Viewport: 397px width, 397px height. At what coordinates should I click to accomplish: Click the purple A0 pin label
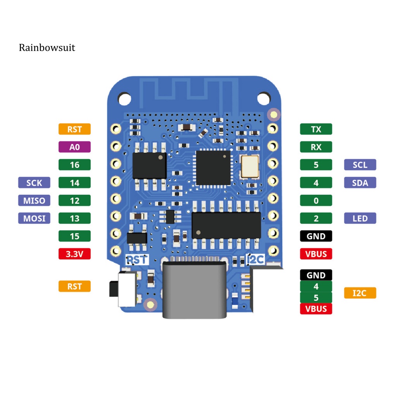[x=74, y=147]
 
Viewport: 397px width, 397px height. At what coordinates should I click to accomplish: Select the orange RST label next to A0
[x=74, y=129]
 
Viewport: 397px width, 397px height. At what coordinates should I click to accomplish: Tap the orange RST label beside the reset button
[x=74, y=287]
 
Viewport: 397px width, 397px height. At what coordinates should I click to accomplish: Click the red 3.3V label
[x=74, y=254]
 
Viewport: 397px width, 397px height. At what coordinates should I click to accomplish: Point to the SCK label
[x=34, y=183]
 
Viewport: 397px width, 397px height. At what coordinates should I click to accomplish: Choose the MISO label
[x=34, y=200]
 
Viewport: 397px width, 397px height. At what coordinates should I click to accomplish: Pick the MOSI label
[x=34, y=218]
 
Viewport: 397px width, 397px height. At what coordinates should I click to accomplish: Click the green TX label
[x=316, y=129]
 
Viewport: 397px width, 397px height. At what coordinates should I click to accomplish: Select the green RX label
[x=316, y=147]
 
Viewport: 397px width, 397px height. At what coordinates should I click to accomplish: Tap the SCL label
[x=360, y=165]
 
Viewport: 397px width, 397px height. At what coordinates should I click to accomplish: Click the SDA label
[x=360, y=183]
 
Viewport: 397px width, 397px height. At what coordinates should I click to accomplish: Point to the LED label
[x=360, y=218]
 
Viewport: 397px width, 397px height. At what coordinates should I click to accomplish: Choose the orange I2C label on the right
[x=360, y=293]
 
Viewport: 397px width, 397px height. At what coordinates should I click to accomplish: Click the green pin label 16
[x=74, y=165]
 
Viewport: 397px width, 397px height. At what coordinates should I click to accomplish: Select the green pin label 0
[x=316, y=200]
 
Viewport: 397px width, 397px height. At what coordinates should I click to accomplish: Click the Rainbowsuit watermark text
[x=47, y=48]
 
